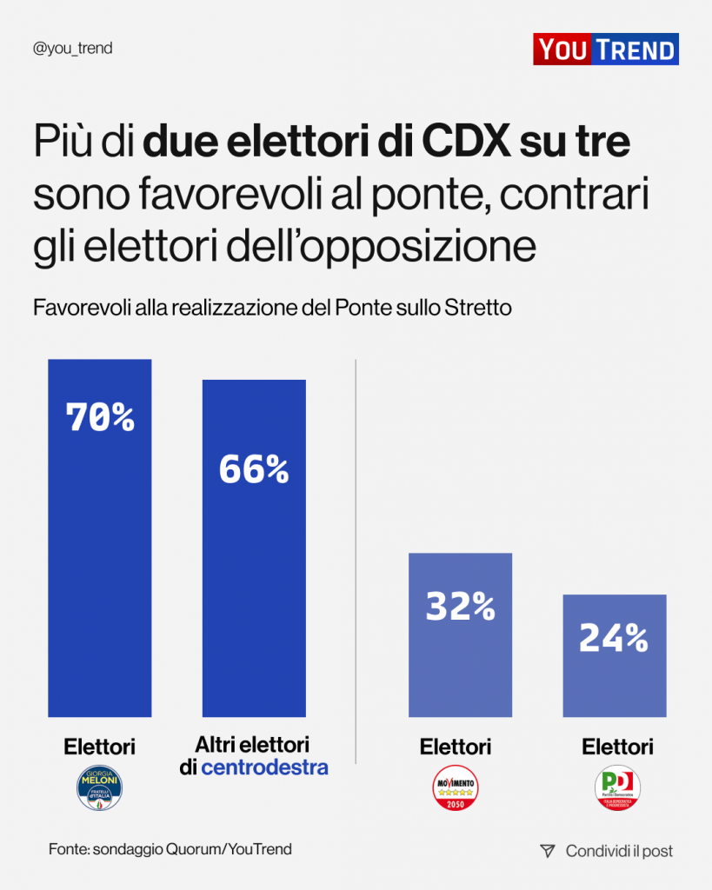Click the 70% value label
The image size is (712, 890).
[x=100, y=418]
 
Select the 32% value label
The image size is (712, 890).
[x=460, y=606]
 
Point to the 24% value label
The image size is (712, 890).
[x=613, y=639]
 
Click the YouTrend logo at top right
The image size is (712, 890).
[x=605, y=50]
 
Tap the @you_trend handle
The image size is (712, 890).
[x=72, y=49]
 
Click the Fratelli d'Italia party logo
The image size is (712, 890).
[x=100, y=788]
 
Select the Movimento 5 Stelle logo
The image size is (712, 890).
[x=456, y=788]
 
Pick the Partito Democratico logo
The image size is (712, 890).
[x=617, y=788]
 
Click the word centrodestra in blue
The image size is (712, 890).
[x=264, y=767]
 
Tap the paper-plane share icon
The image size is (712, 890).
[x=547, y=851]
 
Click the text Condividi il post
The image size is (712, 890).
[x=619, y=851]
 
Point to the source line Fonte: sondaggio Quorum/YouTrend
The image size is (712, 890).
[x=170, y=849]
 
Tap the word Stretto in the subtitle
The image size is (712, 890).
[x=478, y=309]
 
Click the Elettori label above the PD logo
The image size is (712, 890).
[x=617, y=747]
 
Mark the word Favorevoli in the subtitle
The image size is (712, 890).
[x=81, y=309]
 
